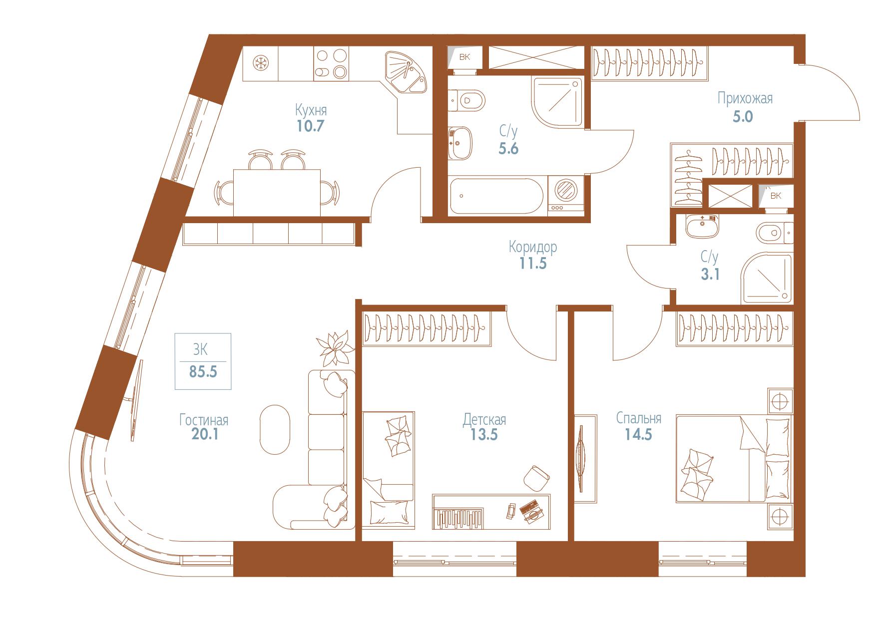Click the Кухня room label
coord(311,109)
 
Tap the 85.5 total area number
coord(203,372)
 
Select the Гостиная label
coord(204,420)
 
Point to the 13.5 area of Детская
coord(484,435)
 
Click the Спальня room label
coord(639,418)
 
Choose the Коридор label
coord(533,247)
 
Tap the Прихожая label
coord(745,98)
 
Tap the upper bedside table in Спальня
coord(780,401)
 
